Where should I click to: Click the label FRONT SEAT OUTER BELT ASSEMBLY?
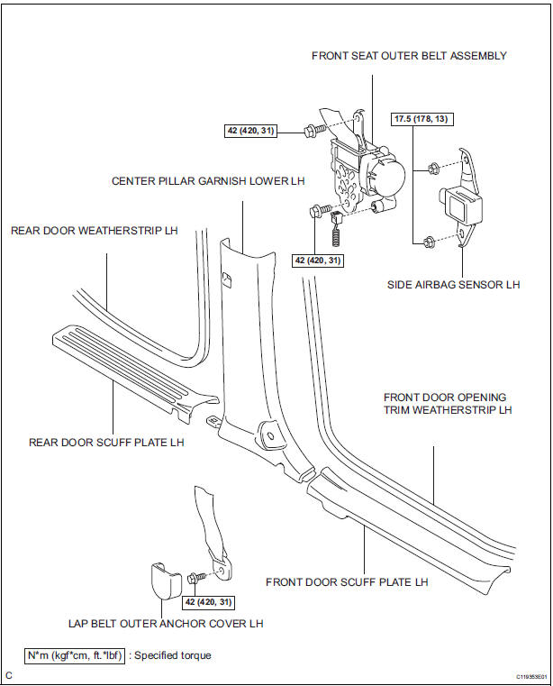[409, 56]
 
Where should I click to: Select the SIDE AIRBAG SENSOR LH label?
[454, 285]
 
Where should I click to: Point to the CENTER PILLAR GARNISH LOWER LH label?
[208, 180]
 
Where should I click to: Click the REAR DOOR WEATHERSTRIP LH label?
[95, 231]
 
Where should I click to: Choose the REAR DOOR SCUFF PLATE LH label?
[106, 443]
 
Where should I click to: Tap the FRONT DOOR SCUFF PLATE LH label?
[347, 582]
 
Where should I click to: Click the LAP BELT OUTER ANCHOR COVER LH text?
[166, 623]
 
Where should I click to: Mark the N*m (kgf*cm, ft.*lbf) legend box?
[75, 655]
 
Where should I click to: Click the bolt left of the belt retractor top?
[313, 132]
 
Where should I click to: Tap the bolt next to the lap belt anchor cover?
[198, 578]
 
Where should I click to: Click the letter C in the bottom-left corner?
[8, 675]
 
